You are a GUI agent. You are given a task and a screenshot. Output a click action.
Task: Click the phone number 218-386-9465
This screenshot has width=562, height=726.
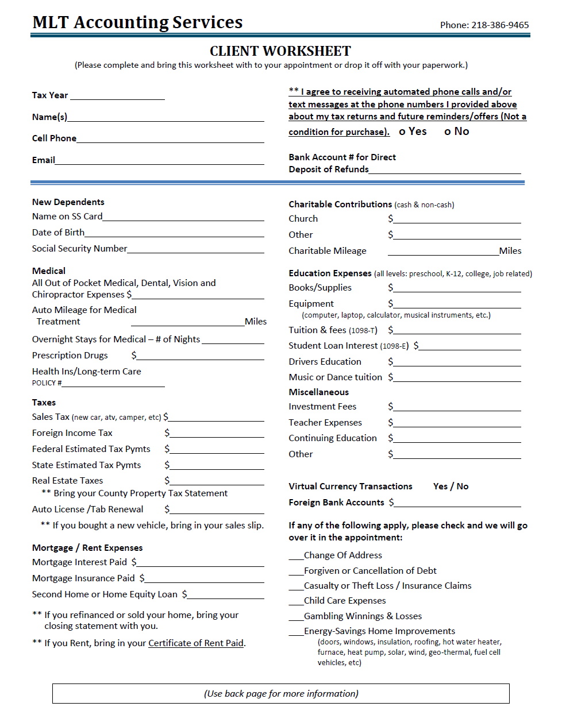pos(499,25)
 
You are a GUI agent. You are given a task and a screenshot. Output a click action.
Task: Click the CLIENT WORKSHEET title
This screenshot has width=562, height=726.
pos(280,51)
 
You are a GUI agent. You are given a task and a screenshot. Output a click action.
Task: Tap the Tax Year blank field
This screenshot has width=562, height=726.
pos(117,96)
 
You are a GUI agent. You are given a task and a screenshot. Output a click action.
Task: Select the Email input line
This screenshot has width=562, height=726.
pos(159,161)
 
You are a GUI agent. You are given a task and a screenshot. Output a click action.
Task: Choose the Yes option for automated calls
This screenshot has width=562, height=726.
pos(413,132)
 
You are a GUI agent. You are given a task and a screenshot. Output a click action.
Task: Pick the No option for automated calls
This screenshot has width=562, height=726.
pos(457,132)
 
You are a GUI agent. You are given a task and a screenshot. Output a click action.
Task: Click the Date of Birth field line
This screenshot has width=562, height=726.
pos(174,233)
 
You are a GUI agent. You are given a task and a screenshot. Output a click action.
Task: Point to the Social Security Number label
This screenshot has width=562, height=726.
pos(79,249)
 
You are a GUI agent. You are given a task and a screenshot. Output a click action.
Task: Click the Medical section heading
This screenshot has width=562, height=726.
pos(49,271)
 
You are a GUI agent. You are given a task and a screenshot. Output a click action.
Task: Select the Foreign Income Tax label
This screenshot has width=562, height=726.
pos(72,433)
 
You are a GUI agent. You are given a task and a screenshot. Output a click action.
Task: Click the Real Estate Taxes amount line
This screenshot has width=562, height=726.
pos(217,481)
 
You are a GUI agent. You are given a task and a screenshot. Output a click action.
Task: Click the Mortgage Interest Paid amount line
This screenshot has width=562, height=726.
pos(200,563)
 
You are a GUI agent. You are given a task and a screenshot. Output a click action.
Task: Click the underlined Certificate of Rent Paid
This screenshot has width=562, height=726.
pos(196,643)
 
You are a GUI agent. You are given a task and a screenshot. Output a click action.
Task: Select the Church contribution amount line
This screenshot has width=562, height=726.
pos(457,219)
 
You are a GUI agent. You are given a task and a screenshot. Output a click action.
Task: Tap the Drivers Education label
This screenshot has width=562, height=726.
pos(325,362)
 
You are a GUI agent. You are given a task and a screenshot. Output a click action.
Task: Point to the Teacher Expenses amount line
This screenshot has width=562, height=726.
pos(457,423)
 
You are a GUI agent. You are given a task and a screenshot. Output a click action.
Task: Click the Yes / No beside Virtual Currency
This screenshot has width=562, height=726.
pos(451,486)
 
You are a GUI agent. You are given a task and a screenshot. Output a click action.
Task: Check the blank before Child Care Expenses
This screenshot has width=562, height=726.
pos(295,601)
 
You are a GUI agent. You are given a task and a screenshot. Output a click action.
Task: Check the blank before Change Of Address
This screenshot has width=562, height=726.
pos(295,556)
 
